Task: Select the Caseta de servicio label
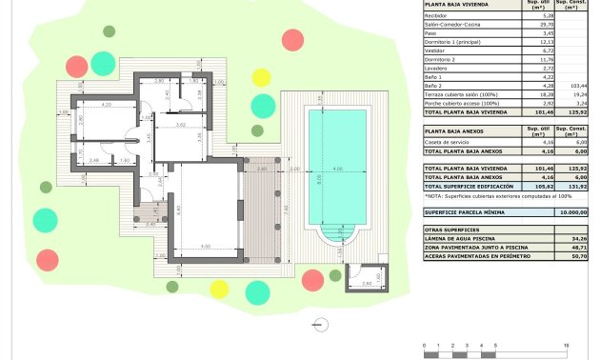click(448, 141)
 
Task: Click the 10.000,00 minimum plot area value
click(572, 212)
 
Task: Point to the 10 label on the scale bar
click(566, 345)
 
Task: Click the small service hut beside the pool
click(362, 276)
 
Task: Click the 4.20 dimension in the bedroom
click(107, 103)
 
